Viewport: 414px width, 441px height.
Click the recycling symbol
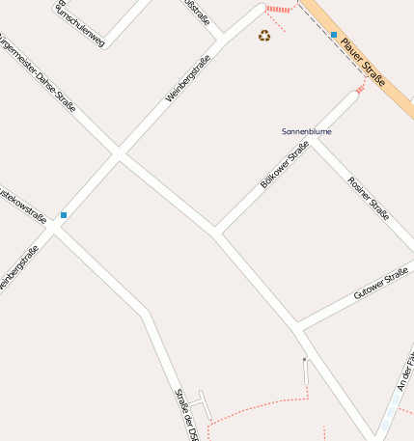264,36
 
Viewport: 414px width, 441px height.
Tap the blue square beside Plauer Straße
334,35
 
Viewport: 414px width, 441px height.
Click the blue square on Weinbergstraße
64,214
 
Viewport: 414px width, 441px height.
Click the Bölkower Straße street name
284,165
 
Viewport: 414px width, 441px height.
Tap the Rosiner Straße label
368,198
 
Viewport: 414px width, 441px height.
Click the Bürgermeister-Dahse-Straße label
39,72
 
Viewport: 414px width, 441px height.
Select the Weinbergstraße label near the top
187,78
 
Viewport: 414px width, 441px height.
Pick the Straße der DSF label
185,414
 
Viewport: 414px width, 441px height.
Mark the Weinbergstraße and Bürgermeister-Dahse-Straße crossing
119,152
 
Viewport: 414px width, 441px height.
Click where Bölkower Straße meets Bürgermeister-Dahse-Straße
216,233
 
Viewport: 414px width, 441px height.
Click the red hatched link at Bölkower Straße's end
361,89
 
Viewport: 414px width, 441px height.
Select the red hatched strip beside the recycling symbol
276,19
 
